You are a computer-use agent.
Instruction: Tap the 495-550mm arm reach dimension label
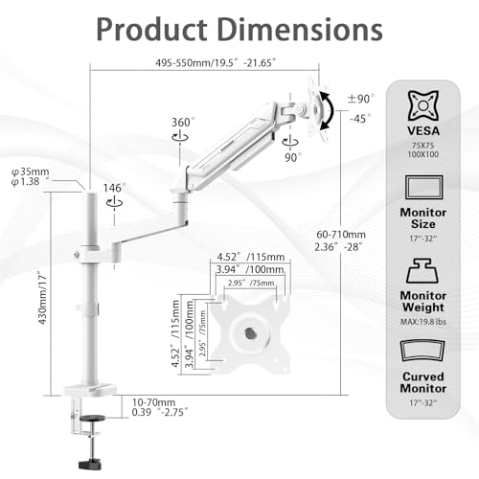[216, 62]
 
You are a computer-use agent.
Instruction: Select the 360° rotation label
[183, 122]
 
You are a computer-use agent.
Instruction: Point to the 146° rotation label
[114, 188]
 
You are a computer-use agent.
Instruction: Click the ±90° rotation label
[361, 99]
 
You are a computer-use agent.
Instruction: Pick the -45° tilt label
[360, 119]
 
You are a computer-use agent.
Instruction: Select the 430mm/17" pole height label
[42, 298]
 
